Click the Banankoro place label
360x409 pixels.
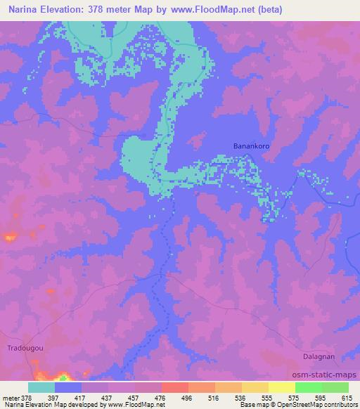tap(252, 146)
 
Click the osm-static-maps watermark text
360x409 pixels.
tap(328, 375)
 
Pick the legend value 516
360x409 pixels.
tap(215, 397)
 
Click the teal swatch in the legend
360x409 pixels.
tap(41, 387)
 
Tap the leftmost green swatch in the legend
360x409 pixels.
tap(308, 387)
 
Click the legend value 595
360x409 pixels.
tap(321, 397)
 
